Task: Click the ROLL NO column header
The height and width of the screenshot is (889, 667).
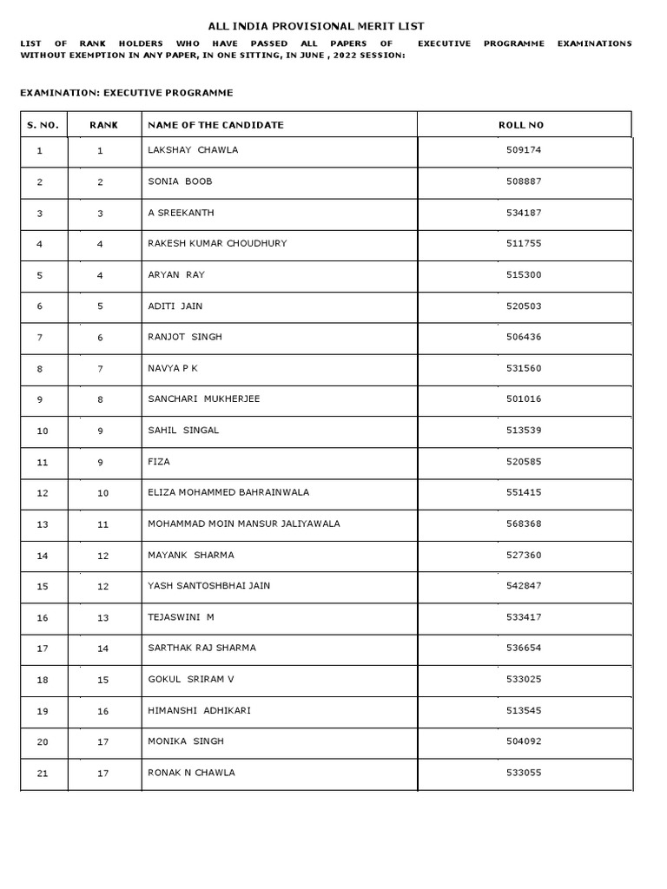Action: point(521,125)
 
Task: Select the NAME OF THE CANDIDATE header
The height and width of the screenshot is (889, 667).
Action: point(215,125)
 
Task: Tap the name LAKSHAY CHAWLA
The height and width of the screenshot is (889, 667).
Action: point(193,150)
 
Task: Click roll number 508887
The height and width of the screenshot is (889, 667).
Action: point(523,181)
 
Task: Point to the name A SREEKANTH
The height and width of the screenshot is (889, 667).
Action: point(181,213)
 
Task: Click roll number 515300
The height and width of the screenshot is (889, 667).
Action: point(523,275)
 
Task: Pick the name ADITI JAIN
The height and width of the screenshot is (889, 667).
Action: point(175,306)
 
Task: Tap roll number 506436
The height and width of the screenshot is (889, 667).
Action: point(523,337)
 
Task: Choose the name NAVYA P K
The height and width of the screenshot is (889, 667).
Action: point(173,368)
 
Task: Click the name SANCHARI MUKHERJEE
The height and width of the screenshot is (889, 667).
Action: point(203,399)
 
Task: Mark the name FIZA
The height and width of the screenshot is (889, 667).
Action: point(159,462)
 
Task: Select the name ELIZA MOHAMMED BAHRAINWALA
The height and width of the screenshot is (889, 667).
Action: point(228,492)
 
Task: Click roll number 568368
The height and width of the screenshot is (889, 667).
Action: point(523,524)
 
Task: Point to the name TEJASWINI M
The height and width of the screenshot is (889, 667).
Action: point(181,617)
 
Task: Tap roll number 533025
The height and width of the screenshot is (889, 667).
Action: point(523,679)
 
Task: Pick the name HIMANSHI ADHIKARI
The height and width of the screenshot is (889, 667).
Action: point(199,710)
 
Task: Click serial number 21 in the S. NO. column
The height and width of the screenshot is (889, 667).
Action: point(43,774)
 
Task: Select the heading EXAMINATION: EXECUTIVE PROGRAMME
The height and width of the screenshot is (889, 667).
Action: point(126,92)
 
